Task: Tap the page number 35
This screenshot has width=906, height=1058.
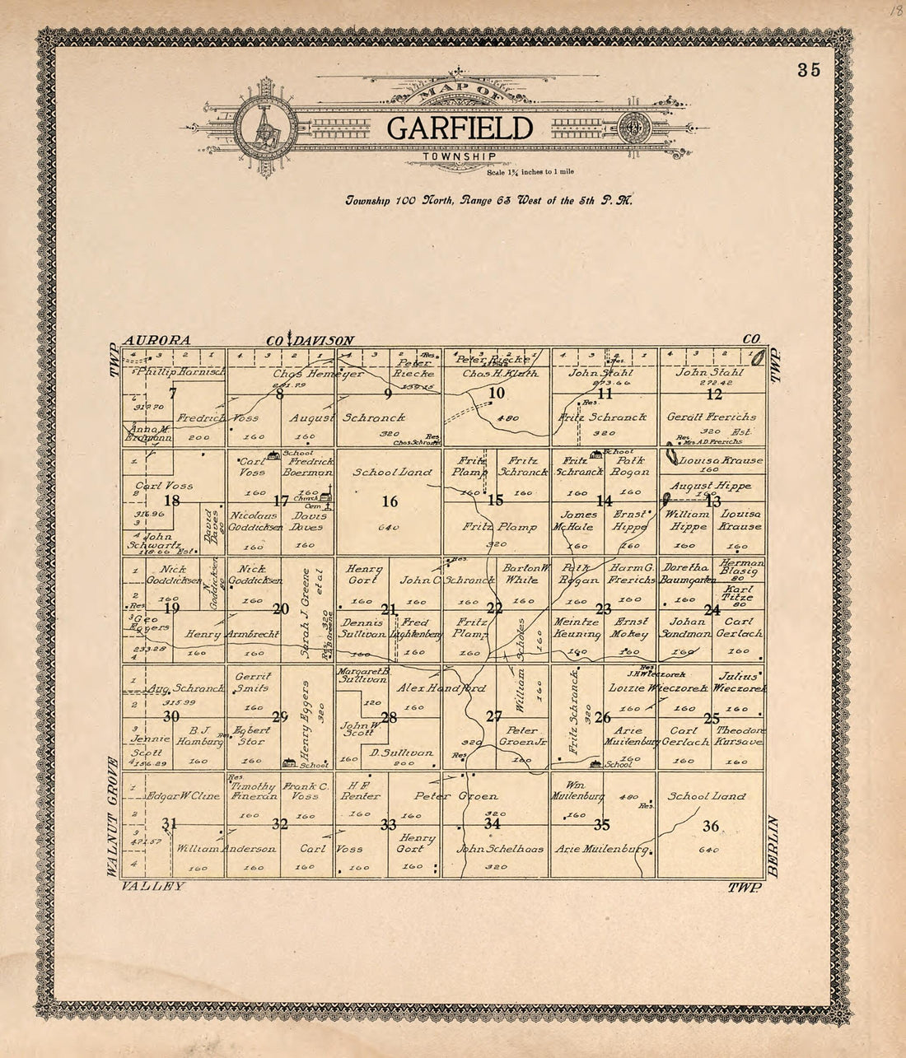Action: click(x=808, y=70)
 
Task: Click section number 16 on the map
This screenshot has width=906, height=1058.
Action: click(x=390, y=501)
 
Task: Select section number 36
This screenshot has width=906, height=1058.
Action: click(x=711, y=826)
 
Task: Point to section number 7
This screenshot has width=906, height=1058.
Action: click(x=173, y=393)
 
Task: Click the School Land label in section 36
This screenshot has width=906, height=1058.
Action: click(x=707, y=796)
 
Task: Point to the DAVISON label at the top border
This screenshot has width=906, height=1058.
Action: click(x=325, y=340)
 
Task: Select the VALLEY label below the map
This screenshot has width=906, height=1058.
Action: click(x=152, y=887)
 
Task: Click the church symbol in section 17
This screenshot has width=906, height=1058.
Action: click(x=327, y=496)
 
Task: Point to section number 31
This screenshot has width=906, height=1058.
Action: click(x=170, y=824)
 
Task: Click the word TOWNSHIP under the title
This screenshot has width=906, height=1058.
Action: click(x=460, y=156)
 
